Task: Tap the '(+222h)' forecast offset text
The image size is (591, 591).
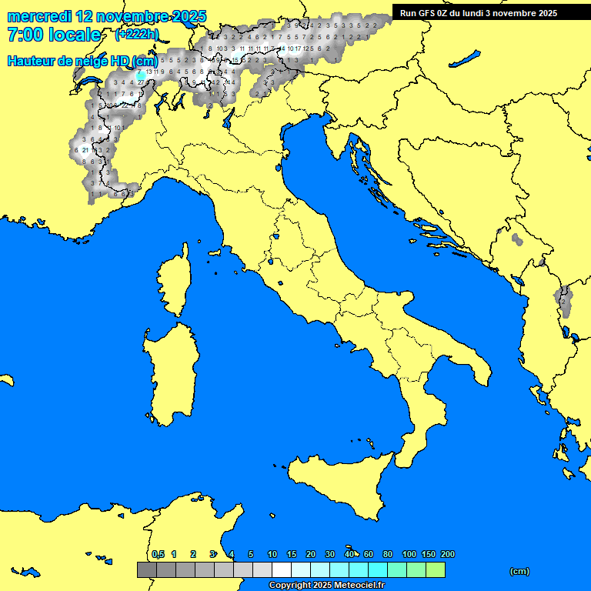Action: [137, 35]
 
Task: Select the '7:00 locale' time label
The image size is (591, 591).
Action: [53, 35]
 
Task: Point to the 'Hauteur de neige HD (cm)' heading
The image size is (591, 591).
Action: [82, 61]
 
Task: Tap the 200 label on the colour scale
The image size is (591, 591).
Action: [448, 554]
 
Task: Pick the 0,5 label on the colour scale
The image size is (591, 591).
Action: [158, 554]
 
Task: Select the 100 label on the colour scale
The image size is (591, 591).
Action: [409, 554]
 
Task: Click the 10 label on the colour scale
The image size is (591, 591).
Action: [272, 554]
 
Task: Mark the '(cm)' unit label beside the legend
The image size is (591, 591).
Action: [519, 571]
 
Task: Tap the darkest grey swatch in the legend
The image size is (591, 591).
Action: [146, 569]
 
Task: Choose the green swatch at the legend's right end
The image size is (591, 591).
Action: [435, 569]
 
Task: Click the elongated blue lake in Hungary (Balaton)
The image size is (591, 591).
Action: [466, 58]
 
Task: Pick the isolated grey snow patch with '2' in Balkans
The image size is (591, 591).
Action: [563, 300]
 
